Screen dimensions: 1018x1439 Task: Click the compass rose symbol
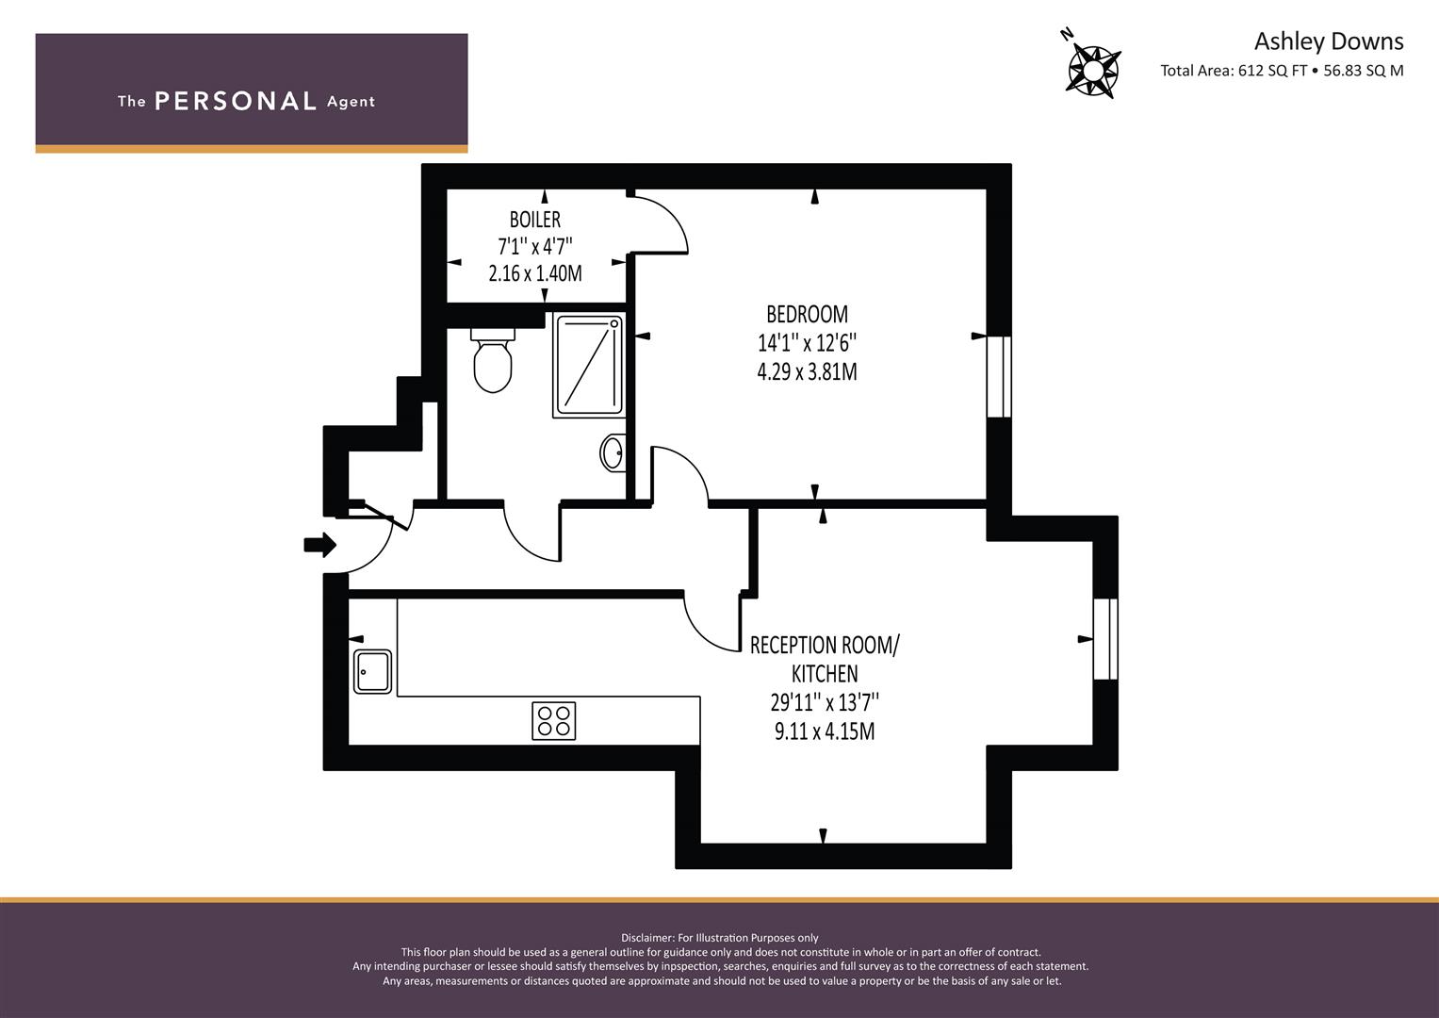(1093, 69)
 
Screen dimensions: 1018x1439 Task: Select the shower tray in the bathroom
(589, 366)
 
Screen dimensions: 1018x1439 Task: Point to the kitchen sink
(373, 671)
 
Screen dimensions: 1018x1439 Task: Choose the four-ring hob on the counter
(554, 721)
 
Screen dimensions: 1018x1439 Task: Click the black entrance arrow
(320, 544)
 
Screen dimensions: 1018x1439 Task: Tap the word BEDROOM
(807, 314)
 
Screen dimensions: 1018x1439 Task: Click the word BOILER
(535, 220)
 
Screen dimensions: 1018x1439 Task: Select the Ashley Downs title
(1328, 41)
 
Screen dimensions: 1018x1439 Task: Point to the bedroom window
(999, 376)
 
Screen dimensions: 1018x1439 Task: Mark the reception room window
(1105, 638)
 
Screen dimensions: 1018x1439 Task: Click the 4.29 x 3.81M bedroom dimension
(807, 372)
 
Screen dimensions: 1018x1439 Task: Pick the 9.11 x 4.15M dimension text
(825, 731)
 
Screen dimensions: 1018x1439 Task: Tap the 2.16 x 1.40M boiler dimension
(535, 274)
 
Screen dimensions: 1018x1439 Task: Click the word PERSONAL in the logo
(235, 101)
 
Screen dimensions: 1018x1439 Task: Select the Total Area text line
(1282, 71)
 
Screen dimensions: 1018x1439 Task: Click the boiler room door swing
(660, 224)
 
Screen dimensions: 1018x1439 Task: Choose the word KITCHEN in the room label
(825, 674)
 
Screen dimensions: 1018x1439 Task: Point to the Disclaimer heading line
(720, 938)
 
